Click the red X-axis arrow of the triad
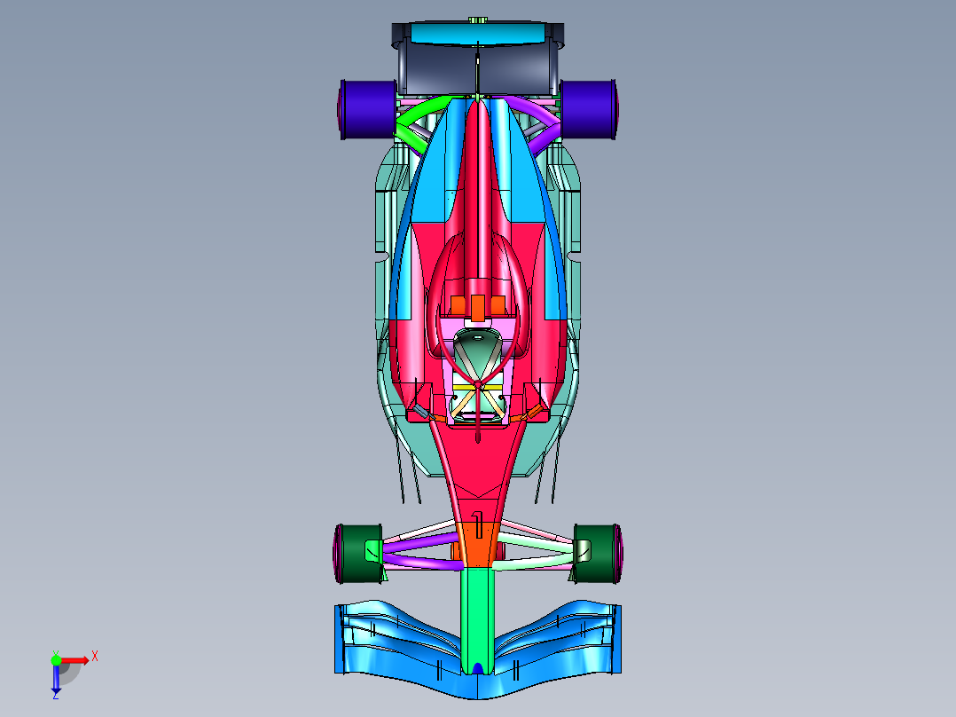coord(75,659)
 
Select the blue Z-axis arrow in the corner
coord(55,679)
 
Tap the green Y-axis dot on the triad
coord(55,658)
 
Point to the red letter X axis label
coord(95,656)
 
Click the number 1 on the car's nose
coord(479,527)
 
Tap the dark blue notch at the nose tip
coord(477,668)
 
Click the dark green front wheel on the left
coord(359,552)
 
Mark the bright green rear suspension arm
coord(417,120)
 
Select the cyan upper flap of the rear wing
coord(477,35)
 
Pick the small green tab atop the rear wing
coord(477,20)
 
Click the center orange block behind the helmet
coord(477,307)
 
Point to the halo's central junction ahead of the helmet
coord(478,384)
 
